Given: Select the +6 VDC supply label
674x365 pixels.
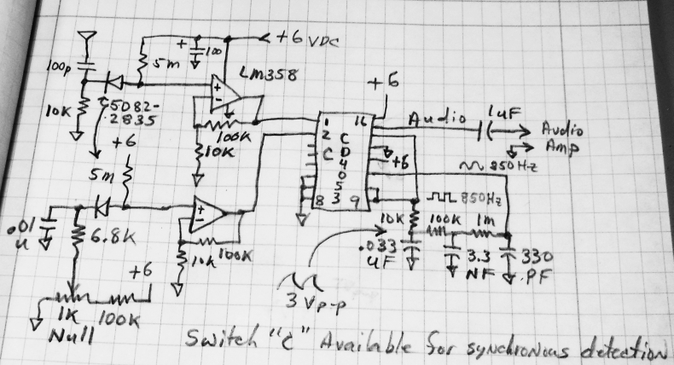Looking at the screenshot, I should point(308,39).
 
